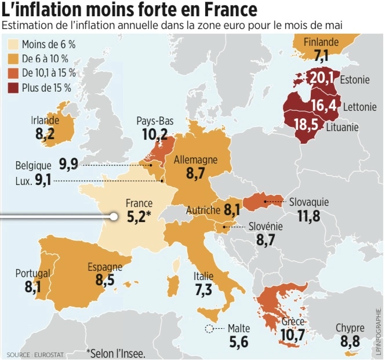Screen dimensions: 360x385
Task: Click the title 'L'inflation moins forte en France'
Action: tap(130, 10)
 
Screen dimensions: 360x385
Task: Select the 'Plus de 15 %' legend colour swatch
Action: tap(13, 88)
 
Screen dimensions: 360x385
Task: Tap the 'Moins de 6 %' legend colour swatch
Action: tap(13, 45)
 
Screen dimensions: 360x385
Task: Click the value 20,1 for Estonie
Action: tap(321, 78)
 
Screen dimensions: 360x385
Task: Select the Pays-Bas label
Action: tap(155, 121)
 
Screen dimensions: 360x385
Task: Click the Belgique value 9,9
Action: tap(68, 165)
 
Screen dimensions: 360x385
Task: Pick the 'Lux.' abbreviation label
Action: tap(23, 181)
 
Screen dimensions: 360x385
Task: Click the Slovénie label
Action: tap(265, 226)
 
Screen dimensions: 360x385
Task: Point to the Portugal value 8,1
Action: tap(32, 286)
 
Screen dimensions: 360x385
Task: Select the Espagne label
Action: tap(105, 267)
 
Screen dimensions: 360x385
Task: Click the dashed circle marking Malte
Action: tap(209, 329)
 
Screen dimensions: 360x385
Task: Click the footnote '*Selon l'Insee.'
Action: tap(115, 352)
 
